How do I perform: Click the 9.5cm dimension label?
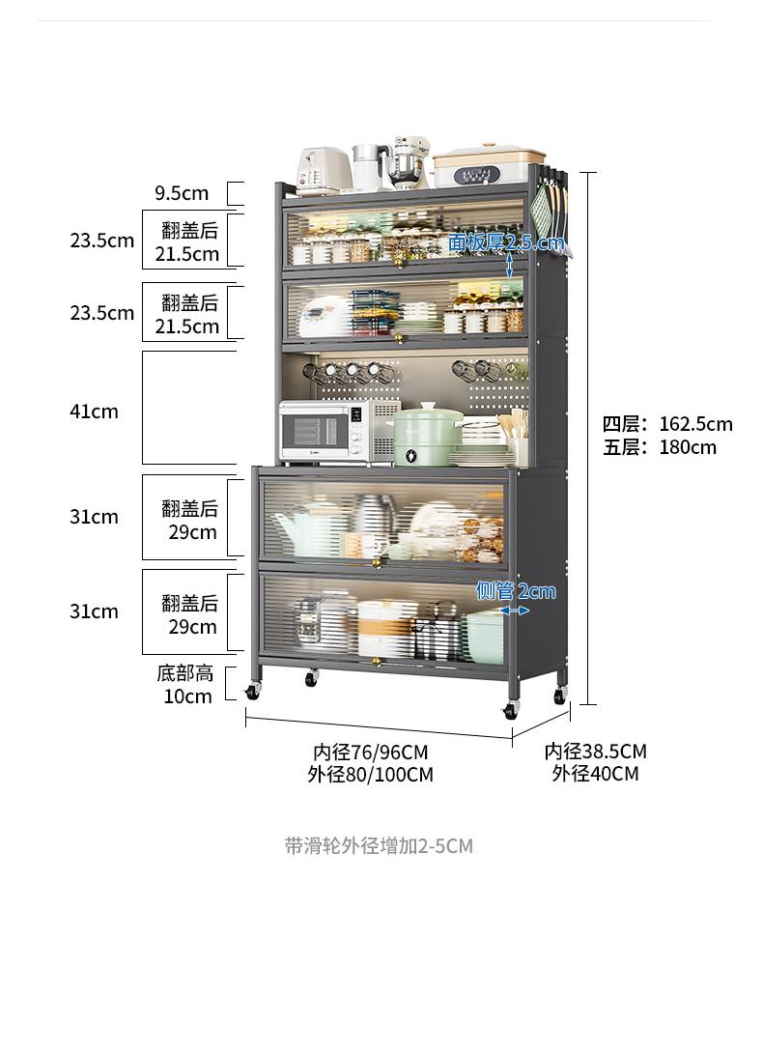click(182, 193)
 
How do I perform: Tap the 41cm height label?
click(94, 411)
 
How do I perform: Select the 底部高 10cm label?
click(187, 684)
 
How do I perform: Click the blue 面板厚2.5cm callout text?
click(506, 241)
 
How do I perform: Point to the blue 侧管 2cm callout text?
click(516, 591)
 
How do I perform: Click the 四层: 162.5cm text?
click(667, 424)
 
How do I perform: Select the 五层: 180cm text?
click(659, 447)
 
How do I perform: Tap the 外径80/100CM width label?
click(371, 774)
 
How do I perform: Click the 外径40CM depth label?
click(596, 774)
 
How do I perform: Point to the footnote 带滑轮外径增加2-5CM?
click(380, 846)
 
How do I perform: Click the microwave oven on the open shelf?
click(325, 432)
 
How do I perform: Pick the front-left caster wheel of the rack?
click(252, 692)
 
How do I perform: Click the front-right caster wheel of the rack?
click(511, 710)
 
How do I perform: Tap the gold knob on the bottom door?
click(376, 663)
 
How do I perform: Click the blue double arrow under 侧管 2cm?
click(515, 611)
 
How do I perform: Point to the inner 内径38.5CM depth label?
click(596, 751)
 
